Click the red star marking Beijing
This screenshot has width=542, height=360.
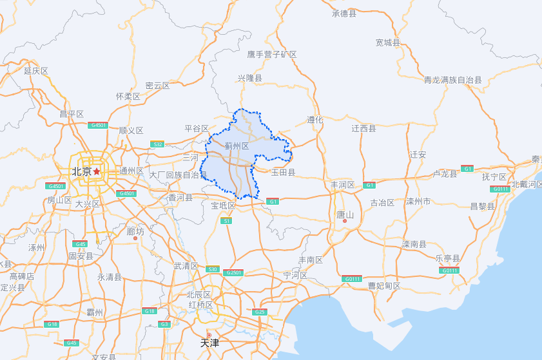click(x=97, y=171)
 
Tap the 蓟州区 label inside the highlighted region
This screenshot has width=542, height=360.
click(x=237, y=146)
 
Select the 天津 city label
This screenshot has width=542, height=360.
click(x=209, y=343)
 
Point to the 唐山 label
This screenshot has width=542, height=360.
click(x=345, y=214)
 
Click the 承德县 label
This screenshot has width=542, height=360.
click(x=344, y=14)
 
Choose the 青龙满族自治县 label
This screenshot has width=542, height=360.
click(x=452, y=80)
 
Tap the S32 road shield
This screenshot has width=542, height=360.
click(x=157, y=144)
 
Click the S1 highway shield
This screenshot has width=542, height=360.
click(x=226, y=221)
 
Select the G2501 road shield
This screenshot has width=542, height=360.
click(x=233, y=272)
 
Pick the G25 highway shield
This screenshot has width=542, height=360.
click(x=260, y=312)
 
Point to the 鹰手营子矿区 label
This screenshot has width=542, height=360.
click(x=272, y=55)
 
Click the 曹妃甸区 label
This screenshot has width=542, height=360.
click(x=384, y=285)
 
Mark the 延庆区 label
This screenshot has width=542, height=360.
click(x=36, y=71)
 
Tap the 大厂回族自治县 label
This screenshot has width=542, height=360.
click(x=178, y=175)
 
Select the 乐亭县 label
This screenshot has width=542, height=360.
click(x=447, y=258)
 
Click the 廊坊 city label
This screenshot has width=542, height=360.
click(x=135, y=231)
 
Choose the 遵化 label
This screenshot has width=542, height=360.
click(x=315, y=119)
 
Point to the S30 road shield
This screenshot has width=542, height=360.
click(x=213, y=269)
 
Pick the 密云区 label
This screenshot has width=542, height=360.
click(x=157, y=86)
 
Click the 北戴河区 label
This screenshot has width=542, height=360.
click(x=527, y=184)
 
